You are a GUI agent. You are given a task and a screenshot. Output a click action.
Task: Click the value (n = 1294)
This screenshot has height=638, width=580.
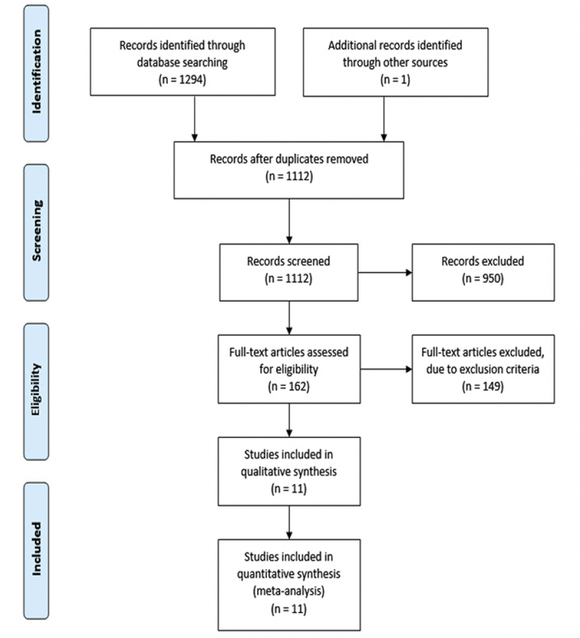tap(182, 79)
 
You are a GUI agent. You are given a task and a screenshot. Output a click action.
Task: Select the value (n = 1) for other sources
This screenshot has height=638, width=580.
tap(395, 79)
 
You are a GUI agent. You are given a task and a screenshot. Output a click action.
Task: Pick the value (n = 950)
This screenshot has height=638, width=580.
tap(483, 278)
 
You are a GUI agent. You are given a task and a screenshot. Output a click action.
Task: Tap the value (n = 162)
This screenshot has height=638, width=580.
tap(289, 386)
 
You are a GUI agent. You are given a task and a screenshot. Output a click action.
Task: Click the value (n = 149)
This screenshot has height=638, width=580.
tap(483, 386)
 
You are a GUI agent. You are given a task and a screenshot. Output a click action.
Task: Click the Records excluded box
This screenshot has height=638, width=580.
tap(483, 272)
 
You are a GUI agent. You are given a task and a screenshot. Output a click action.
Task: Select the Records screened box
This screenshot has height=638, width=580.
tap(289, 272)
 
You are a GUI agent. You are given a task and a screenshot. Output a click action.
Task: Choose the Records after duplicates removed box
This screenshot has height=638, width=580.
tap(289, 170)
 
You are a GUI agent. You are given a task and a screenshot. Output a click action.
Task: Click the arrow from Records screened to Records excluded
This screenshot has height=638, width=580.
tap(385, 272)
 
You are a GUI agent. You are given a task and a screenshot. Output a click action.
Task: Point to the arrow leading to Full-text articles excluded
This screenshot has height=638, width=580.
tap(386, 369)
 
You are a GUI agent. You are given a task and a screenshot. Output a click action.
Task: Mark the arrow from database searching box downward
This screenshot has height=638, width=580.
tap(195, 118)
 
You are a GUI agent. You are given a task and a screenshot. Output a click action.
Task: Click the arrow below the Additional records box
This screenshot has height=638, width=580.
tap(384, 119)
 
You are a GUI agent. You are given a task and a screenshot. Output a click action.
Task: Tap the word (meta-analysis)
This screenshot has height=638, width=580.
tap(289, 591)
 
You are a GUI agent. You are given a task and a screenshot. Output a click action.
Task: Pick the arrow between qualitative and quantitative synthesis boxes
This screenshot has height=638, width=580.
tap(289, 522)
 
